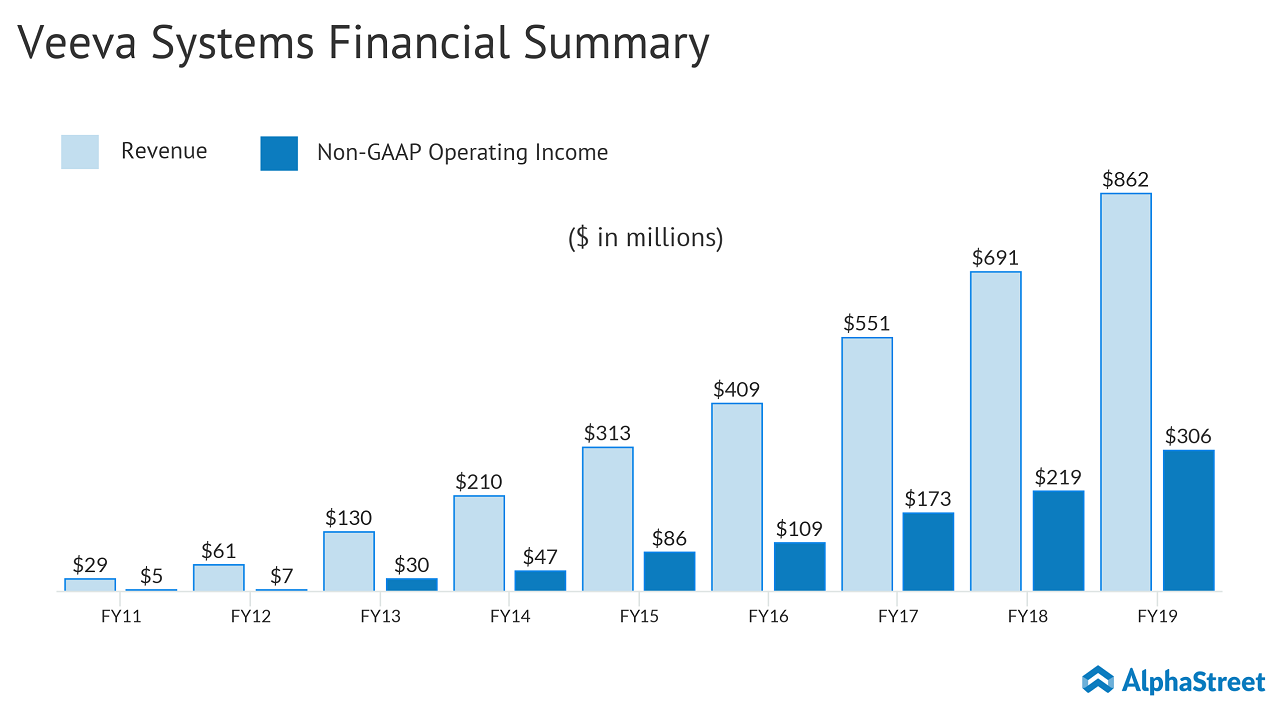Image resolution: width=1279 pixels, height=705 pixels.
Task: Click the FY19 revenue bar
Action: point(1125,391)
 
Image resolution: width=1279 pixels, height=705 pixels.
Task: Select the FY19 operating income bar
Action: point(1188,520)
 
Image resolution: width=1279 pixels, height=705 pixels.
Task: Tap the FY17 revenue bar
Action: point(866,464)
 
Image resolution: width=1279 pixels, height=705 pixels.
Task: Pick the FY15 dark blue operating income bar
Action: point(669,571)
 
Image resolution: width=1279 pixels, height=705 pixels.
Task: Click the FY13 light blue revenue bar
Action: point(349,561)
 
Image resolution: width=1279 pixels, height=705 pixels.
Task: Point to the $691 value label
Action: point(995,258)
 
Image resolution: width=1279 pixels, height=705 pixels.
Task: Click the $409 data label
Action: point(737,389)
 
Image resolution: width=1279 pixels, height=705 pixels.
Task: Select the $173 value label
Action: point(928,498)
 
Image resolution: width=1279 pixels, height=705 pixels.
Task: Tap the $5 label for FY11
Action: point(152,576)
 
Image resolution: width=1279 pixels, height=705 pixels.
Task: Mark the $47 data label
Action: point(540,557)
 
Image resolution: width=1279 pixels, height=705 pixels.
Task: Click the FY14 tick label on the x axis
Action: point(510,616)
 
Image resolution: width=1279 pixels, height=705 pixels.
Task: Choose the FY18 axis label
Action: point(1028,616)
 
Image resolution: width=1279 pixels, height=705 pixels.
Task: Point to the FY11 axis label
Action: point(121,616)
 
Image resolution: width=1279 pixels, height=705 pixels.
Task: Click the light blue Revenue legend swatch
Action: point(80,152)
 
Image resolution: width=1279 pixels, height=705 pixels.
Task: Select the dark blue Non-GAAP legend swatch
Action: point(279,153)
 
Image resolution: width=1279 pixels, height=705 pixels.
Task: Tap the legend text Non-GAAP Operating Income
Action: point(462,152)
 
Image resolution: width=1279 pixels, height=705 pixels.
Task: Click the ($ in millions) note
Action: point(645,238)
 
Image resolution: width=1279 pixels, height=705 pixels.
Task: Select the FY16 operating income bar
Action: point(799,566)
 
